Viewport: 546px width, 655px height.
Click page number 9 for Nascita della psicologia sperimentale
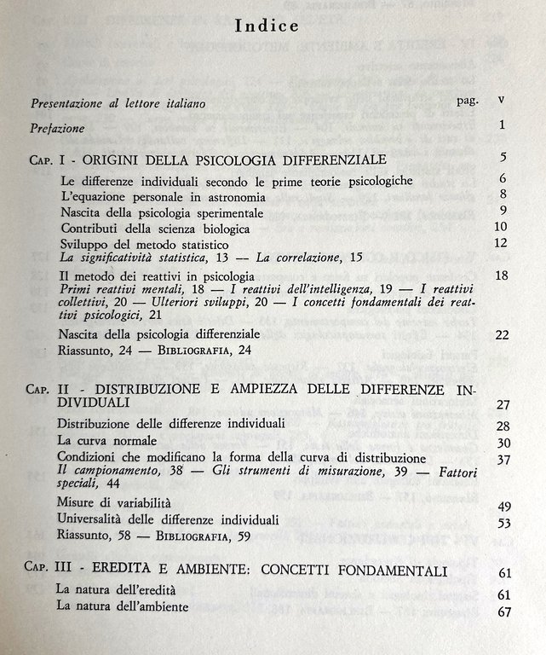[x=503, y=211]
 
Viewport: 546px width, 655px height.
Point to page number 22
[x=501, y=335]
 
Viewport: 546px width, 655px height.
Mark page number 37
[x=503, y=459]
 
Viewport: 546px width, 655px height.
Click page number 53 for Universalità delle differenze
[x=503, y=523]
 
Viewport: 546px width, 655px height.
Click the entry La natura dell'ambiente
[x=123, y=607]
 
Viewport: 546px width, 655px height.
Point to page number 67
[x=503, y=612]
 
